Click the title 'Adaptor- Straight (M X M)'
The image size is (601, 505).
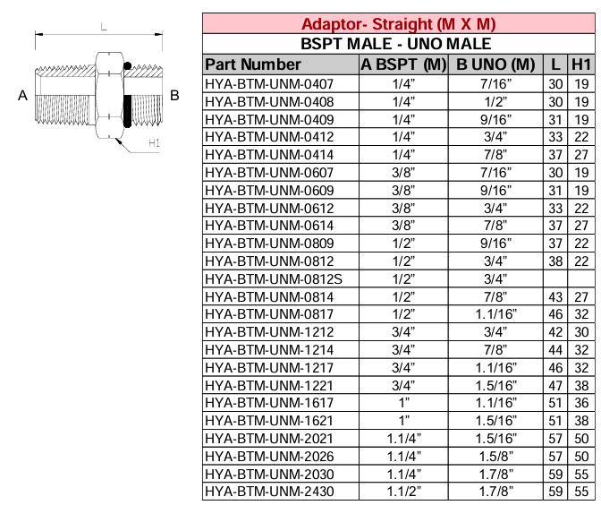point(399,23)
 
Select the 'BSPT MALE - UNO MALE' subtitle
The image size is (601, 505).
point(399,43)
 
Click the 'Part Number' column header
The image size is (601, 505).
point(253,64)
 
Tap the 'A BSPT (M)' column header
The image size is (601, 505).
point(403,64)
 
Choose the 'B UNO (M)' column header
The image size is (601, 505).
point(495,64)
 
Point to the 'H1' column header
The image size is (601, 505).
point(581,64)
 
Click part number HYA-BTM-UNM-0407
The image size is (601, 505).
point(258,83)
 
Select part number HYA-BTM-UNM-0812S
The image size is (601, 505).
point(261,278)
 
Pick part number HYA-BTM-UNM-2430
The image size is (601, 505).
point(258,491)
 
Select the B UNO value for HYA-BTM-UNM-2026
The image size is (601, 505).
point(495,455)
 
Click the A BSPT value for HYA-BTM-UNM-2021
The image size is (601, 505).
point(403,438)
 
